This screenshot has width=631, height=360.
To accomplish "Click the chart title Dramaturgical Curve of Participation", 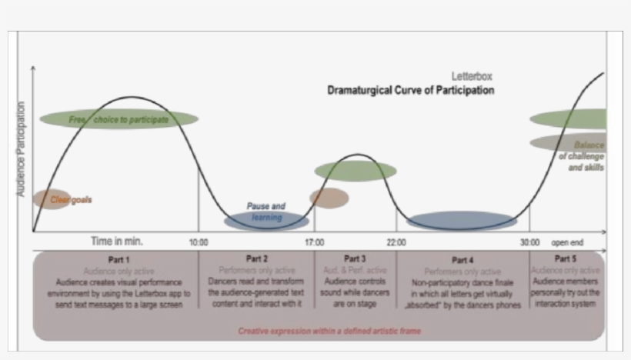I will [x=410, y=91].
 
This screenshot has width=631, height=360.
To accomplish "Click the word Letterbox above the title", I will [x=472, y=76].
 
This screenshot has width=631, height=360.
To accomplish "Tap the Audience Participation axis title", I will [x=21, y=148].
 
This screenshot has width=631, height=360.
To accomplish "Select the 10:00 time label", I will [x=199, y=242].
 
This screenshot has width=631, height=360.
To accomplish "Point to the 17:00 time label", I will [x=314, y=242].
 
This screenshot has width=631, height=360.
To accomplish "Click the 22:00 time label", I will [x=397, y=242].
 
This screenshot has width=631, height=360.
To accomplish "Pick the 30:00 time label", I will [x=529, y=242].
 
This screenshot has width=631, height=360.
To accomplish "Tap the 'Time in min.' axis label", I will [x=117, y=242].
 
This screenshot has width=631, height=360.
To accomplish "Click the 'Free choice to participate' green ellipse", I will [x=119, y=119].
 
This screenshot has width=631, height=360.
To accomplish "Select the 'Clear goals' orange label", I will [x=71, y=200].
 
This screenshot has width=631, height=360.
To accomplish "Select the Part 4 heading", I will [x=462, y=260].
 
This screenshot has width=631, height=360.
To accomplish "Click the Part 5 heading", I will [x=565, y=258].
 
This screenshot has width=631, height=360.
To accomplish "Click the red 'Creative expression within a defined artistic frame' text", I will [x=329, y=331].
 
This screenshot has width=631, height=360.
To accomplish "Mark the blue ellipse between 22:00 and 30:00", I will [x=462, y=222].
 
